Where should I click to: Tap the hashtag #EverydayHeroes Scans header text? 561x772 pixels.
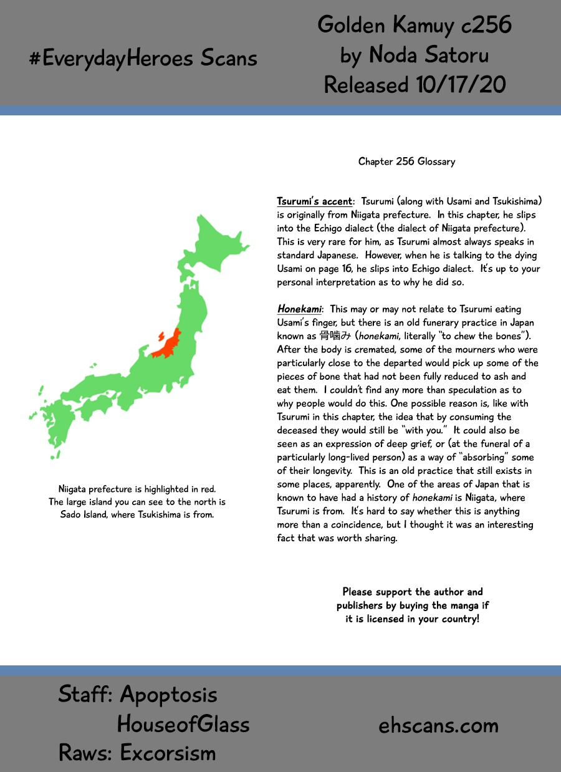click(x=143, y=58)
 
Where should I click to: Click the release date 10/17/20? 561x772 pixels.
click(x=459, y=85)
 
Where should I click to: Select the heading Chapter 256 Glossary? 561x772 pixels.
click(x=406, y=162)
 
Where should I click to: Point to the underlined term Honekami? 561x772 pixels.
click(x=300, y=309)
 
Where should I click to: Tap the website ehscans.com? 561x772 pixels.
click(x=439, y=725)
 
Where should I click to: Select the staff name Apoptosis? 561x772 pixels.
click(x=168, y=694)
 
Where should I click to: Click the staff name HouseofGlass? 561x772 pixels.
click(x=183, y=724)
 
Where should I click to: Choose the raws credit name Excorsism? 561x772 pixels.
click(x=168, y=753)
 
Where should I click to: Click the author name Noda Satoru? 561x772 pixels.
click(x=429, y=55)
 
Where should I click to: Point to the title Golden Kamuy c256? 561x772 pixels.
click(x=415, y=25)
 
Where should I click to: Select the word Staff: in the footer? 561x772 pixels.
click(x=85, y=694)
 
